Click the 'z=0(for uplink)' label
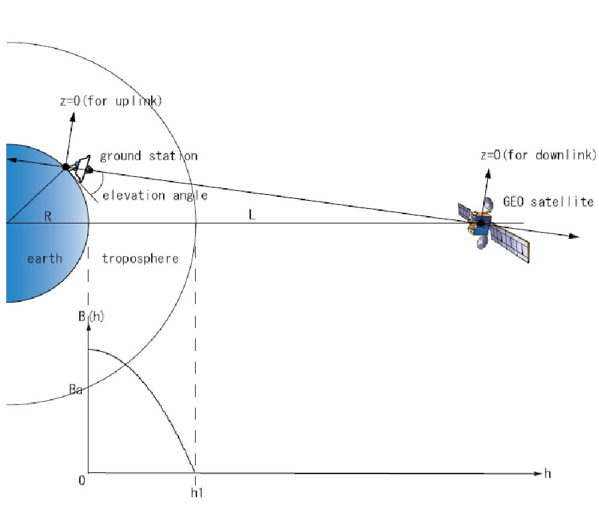click(x=111, y=101)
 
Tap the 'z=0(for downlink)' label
click(x=538, y=155)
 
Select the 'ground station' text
click(x=148, y=156)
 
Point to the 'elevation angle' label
click(x=155, y=196)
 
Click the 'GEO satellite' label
click(x=548, y=201)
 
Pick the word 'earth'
click(x=45, y=259)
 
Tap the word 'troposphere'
click(x=140, y=259)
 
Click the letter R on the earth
click(x=48, y=216)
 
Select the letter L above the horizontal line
click(x=252, y=215)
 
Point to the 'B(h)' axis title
click(x=91, y=317)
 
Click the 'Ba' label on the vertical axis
click(x=76, y=390)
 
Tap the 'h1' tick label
click(x=197, y=493)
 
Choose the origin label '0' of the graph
click(x=82, y=481)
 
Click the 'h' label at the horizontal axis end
click(x=548, y=473)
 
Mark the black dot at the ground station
click(x=66, y=167)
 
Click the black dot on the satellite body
click(x=481, y=223)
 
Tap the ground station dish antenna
click(x=84, y=168)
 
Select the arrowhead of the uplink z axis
click(x=73, y=117)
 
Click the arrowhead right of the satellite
click(x=574, y=236)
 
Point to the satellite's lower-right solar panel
click(x=510, y=243)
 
